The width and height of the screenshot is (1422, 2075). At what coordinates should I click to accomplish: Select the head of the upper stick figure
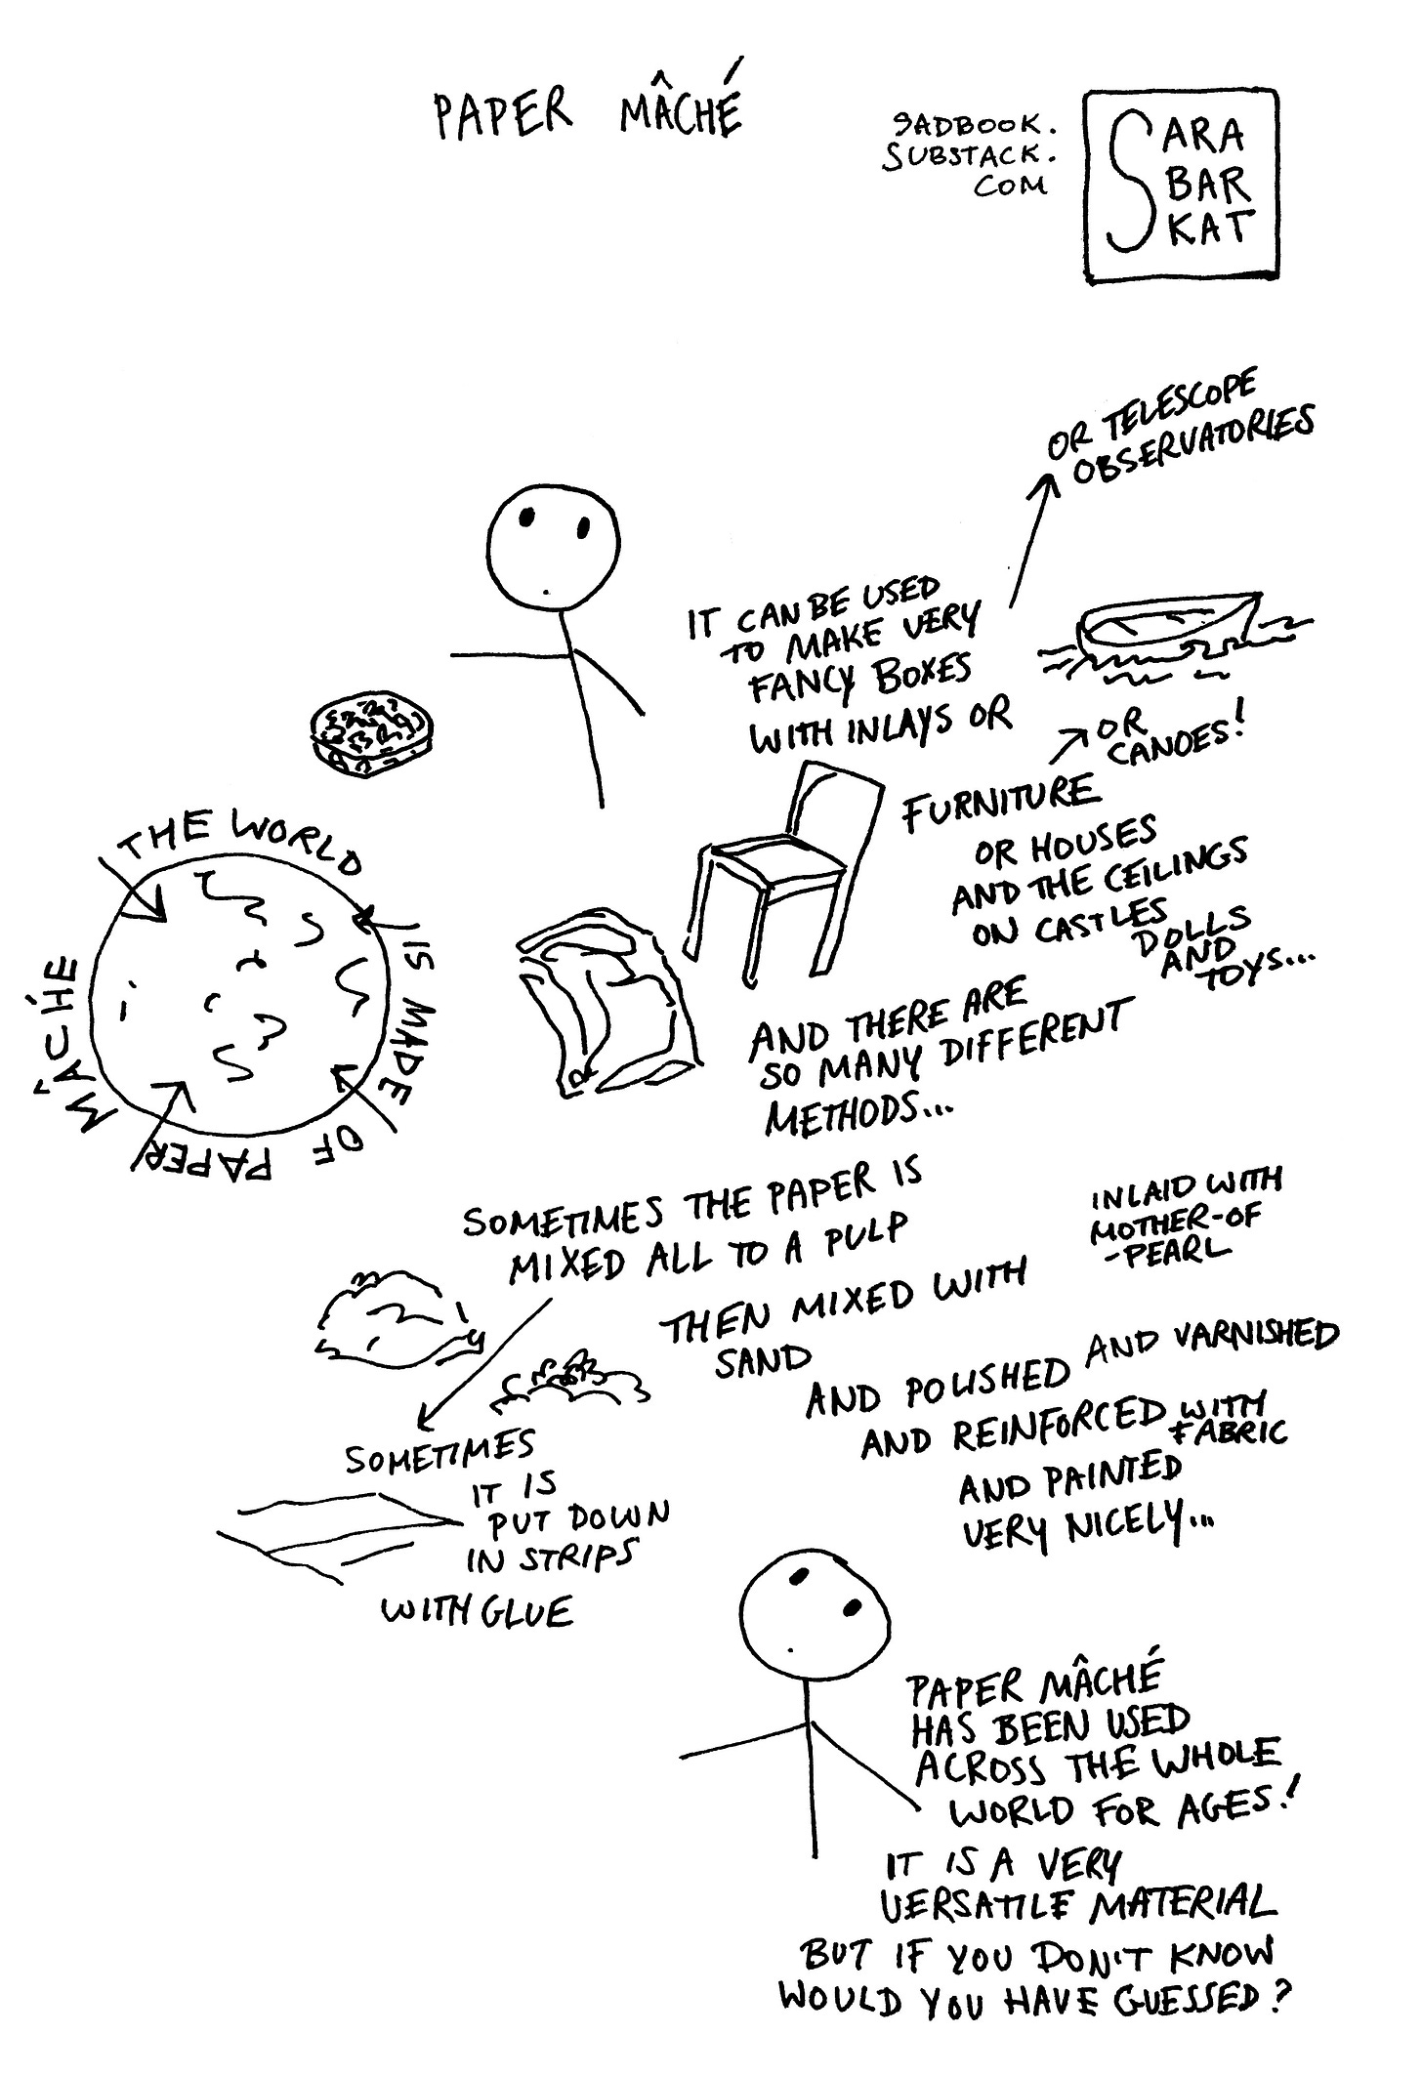pos(553,547)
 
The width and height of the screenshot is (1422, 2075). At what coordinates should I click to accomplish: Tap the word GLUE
pos(531,1612)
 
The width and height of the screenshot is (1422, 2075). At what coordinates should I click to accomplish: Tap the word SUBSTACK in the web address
pos(967,156)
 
